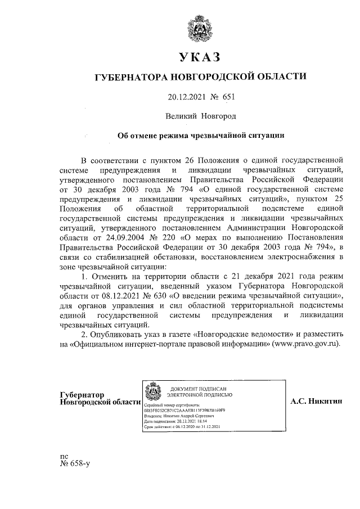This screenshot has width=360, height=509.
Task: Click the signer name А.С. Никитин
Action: (313, 402)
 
